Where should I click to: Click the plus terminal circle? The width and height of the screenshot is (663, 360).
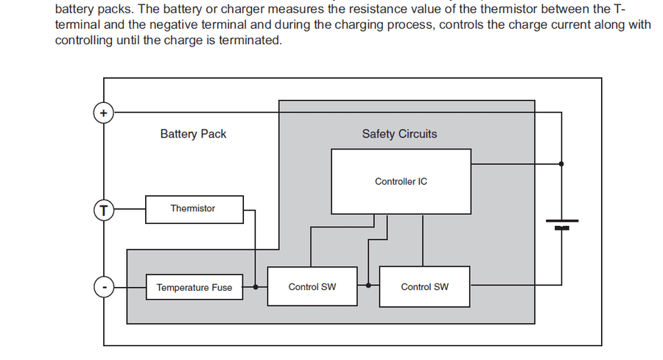tap(104, 113)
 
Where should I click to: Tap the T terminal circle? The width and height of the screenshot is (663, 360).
tap(104, 210)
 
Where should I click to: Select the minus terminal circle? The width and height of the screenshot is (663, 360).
tap(104, 287)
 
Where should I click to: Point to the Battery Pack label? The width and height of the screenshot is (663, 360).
tap(193, 134)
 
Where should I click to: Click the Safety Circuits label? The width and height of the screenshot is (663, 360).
tap(399, 134)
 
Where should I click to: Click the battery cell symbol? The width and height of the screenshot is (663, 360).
tap(562, 225)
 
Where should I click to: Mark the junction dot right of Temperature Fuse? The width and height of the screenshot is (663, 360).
tap(256, 287)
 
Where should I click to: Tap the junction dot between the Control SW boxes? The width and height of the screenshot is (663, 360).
tap(368, 285)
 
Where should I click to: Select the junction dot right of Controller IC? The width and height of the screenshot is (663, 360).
tap(561, 163)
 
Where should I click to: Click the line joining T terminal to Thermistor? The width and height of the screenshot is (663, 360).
tap(130, 209)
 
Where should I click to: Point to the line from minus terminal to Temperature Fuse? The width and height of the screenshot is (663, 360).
tap(130, 287)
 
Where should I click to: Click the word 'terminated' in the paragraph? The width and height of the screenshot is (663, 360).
tap(250, 40)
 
